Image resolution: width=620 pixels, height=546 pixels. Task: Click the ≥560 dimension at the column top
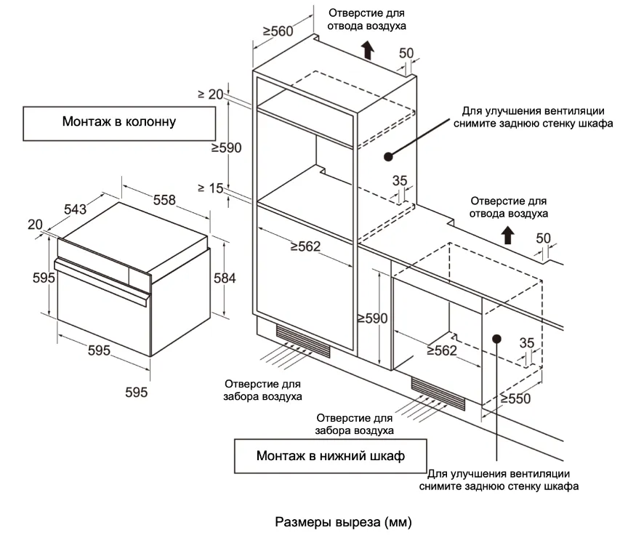[x=278, y=31]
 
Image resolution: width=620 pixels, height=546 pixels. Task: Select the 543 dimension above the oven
[x=75, y=209]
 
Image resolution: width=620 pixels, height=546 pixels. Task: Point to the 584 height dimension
[x=224, y=277]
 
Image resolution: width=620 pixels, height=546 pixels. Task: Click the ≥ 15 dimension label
[x=210, y=188]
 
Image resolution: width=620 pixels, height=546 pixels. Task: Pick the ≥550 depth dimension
[x=515, y=398]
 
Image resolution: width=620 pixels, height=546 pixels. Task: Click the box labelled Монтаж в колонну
[x=119, y=124]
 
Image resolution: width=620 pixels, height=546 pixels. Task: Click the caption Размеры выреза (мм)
[x=344, y=522]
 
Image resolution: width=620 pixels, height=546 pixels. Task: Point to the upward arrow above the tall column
[x=368, y=50]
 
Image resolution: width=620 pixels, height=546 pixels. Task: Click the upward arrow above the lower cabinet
[x=508, y=234]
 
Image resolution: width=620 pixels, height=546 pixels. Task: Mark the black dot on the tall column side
[x=388, y=156]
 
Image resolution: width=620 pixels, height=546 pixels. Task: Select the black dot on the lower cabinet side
[x=497, y=337]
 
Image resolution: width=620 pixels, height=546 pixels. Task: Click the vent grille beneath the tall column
[x=303, y=341]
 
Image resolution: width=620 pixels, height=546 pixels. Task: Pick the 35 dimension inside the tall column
[x=400, y=181]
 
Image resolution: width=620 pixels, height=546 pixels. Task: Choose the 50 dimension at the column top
[x=406, y=53]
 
